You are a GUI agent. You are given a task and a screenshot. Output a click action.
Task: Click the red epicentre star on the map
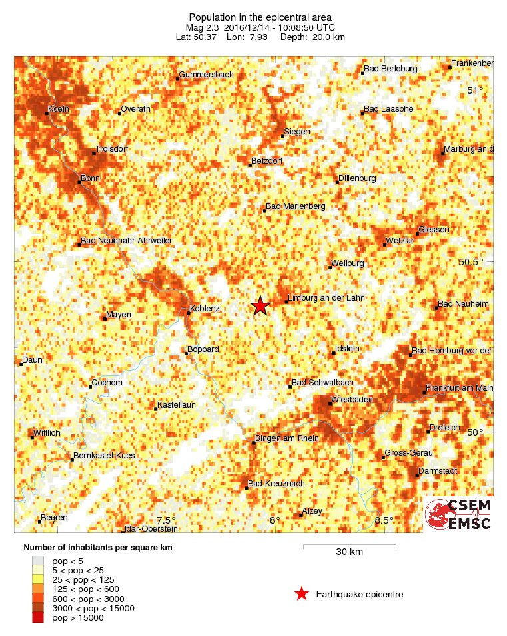(260, 305)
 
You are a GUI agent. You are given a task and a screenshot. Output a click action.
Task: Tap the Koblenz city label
(205, 309)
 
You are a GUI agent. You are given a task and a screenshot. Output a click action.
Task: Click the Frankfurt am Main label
(460, 388)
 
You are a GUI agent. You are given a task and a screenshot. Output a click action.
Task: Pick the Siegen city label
(296, 132)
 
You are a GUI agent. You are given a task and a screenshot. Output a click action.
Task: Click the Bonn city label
(90, 178)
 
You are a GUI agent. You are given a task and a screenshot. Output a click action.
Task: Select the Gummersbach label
(206, 75)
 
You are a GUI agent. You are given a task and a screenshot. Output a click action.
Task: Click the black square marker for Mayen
(105, 319)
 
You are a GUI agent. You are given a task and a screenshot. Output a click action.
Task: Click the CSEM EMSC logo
(458, 514)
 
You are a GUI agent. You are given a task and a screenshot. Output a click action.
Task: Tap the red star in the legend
(302, 594)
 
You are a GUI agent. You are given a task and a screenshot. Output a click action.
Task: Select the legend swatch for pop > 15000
(38, 618)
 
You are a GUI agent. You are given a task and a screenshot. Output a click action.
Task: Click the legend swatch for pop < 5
(38, 561)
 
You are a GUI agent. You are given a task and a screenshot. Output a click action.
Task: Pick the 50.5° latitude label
(470, 261)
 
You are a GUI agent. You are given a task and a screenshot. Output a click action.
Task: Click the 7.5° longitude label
(165, 520)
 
